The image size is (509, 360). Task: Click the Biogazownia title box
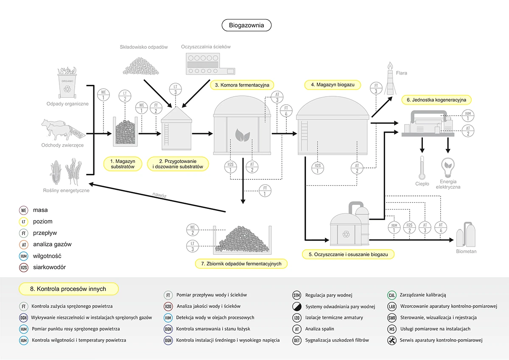(246, 25)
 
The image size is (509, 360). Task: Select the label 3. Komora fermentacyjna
(242, 85)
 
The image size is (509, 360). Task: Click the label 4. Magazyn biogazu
(333, 85)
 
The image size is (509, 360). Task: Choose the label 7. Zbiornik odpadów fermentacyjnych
(241, 264)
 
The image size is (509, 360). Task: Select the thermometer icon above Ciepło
(422, 168)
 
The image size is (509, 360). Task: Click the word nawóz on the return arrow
(159, 195)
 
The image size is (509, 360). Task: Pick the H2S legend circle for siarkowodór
(24, 268)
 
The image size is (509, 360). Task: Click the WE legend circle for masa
(24, 210)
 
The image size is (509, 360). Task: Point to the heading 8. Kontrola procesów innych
(68, 289)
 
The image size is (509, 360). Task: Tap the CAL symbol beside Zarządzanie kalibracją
(392, 295)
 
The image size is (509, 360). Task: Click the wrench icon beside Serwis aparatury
(392, 340)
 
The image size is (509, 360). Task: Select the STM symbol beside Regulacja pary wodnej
(297, 295)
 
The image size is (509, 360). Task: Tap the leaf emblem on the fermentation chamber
(243, 136)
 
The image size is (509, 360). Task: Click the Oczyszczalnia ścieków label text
(206, 47)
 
